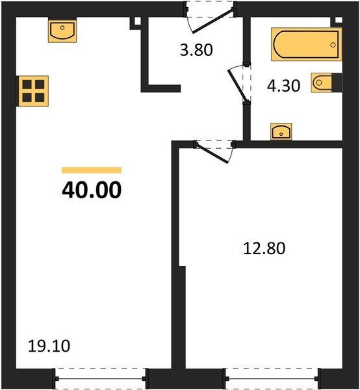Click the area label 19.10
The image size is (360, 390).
[x=49, y=346]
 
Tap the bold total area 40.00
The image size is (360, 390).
[x=92, y=190]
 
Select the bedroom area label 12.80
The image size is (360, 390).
[x=264, y=248]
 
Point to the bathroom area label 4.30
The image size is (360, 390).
[x=283, y=86]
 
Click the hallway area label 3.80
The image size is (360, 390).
[x=196, y=50]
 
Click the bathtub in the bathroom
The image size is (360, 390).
[x=306, y=44]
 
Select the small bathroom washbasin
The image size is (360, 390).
[x=281, y=131]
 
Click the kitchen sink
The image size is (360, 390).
[x=62, y=31]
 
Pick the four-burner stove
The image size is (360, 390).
[x=33, y=91]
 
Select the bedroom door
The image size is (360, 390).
[x=214, y=151]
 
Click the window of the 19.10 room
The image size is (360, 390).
[x=100, y=378]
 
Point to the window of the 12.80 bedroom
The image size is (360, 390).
[x=272, y=378]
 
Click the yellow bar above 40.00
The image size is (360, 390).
[x=92, y=170]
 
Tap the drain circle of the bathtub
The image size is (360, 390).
[x=333, y=45]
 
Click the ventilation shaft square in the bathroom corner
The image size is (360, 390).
[x=339, y=20]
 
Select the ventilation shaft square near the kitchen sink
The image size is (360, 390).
[x=138, y=21]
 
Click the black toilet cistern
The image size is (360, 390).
[x=337, y=83]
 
